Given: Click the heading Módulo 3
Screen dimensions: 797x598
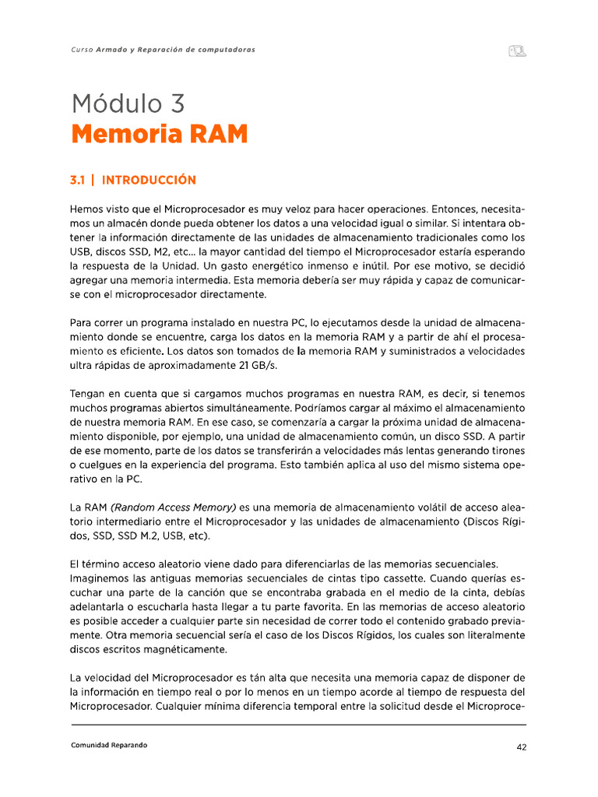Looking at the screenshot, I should point(128,103).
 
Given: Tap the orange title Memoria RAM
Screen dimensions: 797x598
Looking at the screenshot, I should point(159,135).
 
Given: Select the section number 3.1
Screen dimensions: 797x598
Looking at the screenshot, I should point(77,180).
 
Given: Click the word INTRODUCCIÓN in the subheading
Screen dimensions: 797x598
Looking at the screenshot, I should point(149,180).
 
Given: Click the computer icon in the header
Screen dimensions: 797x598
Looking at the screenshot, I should point(518,51).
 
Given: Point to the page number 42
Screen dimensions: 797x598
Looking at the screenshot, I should point(522,746).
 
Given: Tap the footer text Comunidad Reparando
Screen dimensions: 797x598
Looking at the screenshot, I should point(108,745).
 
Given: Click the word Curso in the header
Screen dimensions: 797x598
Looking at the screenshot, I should point(81,50).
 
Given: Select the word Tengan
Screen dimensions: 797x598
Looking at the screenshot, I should point(90,394).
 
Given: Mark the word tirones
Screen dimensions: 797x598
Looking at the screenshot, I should point(508,451).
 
